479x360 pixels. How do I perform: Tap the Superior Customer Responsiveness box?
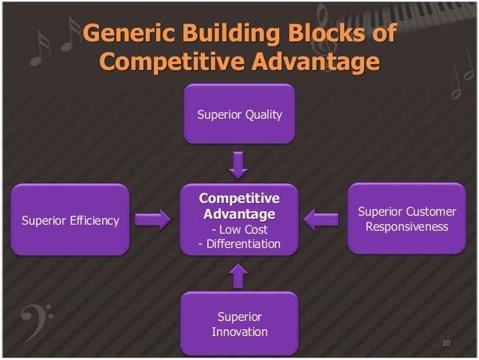point(406,219)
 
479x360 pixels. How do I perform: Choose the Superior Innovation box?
point(239,323)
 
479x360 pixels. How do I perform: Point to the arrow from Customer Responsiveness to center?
point(321,219)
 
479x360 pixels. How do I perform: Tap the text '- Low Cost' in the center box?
point(239,229)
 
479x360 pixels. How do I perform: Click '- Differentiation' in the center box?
point(239,244)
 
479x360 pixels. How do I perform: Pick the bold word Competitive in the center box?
point(239,199)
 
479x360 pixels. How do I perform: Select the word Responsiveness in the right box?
point(406,226)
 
